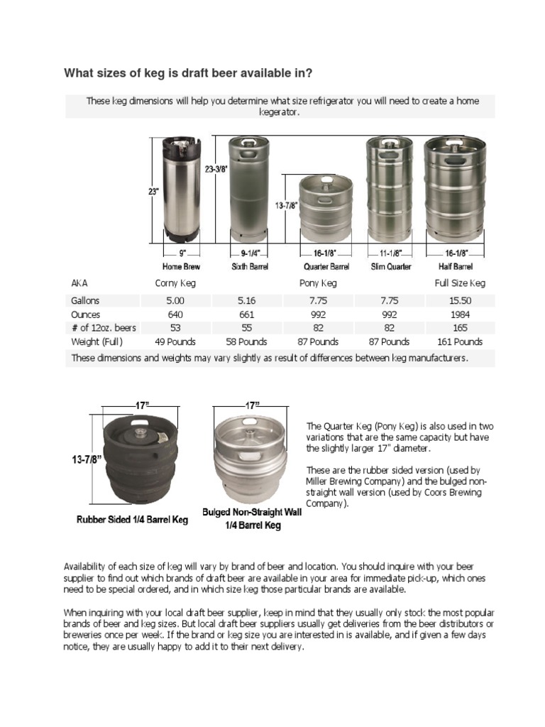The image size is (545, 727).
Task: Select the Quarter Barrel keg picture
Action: (326, 208)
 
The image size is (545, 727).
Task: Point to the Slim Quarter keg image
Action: (390, 190)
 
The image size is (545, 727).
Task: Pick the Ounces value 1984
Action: (460, 315)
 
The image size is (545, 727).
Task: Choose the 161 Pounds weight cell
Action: (460, 341)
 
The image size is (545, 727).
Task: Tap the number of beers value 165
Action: (460, 328)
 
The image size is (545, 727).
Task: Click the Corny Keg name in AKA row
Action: (175, 283)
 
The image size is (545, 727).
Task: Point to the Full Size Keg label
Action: (460, 283)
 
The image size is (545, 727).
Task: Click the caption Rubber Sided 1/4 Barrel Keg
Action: (132, 520)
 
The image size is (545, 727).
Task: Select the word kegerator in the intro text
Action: (280, 112)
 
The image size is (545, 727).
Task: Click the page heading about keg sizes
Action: (188, 73)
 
